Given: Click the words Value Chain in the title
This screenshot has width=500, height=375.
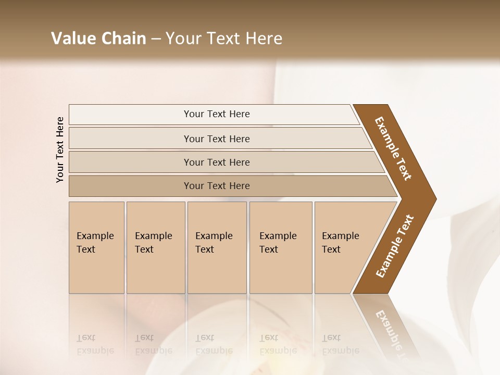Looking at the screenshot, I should [98, 39].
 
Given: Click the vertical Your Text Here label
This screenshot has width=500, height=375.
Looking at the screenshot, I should [60, 149].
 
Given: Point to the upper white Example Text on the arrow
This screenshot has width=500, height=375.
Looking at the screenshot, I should [393, 148].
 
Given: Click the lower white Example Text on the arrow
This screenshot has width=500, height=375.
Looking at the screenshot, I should [394, 246].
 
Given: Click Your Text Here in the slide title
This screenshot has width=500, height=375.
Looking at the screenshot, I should [224, 39].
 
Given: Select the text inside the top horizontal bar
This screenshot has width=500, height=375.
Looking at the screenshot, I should [217, 114].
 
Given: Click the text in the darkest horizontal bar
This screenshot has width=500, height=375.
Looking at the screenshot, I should [217, 186].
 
